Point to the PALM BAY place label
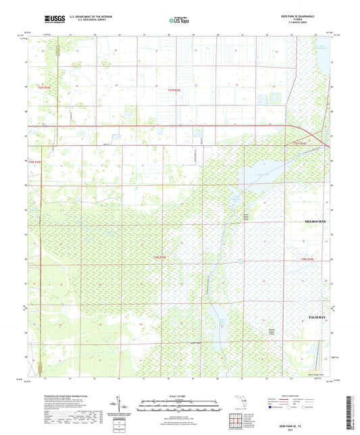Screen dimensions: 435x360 [317, 316]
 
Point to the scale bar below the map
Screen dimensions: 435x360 [179, 407]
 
